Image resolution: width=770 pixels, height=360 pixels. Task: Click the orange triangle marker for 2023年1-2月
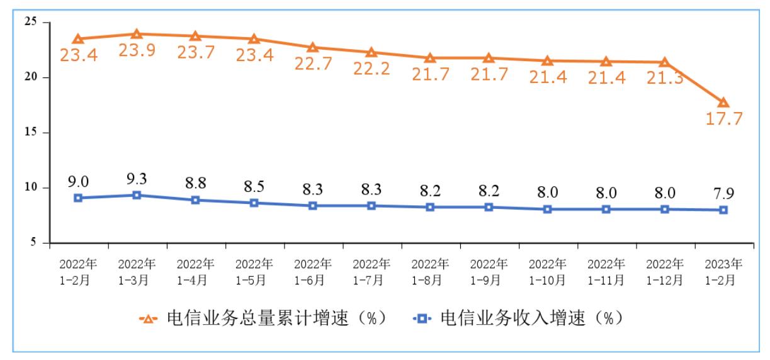click(x=723, y=103)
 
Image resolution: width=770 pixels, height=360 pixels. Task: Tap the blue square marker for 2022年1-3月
click(x=137, y=195)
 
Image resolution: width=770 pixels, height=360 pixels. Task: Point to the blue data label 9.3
click(x=137, y=178)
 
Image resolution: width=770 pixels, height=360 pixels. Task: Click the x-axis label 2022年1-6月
click(x=313, y=271)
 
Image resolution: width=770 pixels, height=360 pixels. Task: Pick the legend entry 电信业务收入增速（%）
click(x=521, y=318)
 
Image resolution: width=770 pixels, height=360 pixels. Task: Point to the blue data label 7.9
click(x=723, y=193)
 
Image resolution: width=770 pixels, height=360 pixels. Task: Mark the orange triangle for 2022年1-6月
click(x=313, y=47)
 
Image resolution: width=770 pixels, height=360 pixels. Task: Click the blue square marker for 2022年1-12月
click(x=664, y=209)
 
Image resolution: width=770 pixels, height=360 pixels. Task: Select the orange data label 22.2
click(x=371, y=69)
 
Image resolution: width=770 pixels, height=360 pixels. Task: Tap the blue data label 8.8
click(x=195, y=183)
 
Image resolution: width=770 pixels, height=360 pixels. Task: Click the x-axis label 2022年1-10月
click(x=547, y=271)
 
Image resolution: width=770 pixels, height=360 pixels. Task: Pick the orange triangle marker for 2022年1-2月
click(x=78, y=39)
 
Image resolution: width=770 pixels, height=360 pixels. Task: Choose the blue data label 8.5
click(x=254, y=186)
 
